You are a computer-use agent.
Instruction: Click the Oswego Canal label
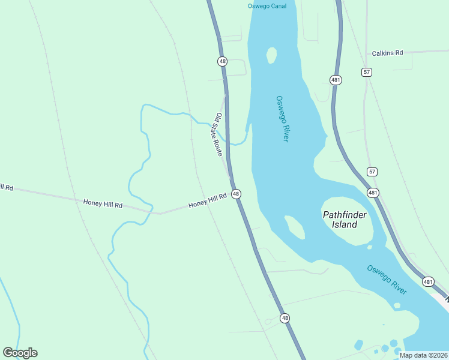[x=267, y=6]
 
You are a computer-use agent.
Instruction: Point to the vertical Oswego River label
[x=282, y=119]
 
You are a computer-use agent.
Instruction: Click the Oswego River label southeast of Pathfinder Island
[x=387, y=280]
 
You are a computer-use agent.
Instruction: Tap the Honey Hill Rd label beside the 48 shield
[x=208, y=200]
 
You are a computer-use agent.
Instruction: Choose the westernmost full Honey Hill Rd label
[x=103, y=205]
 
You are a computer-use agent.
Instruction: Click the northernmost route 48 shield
[x=223, y=61]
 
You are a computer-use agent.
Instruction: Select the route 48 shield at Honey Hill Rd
[x=237, y=194]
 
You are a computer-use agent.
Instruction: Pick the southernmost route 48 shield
[x=285, y=318]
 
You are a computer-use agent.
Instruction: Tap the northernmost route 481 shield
[x=336, y=80]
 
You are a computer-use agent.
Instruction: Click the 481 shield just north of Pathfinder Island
[x=373, y=193]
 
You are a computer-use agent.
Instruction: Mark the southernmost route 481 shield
[x=428, y=281]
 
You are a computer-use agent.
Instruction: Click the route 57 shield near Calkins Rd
[x=367, y=72]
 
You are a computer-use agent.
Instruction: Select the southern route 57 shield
[x=372, y=172]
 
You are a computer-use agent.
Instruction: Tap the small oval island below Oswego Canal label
[x=271, y=55]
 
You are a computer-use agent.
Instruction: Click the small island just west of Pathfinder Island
[x=294, y=227]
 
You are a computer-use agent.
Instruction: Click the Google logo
[x=20, y=353]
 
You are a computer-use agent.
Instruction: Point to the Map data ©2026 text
[x=423, y=355]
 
